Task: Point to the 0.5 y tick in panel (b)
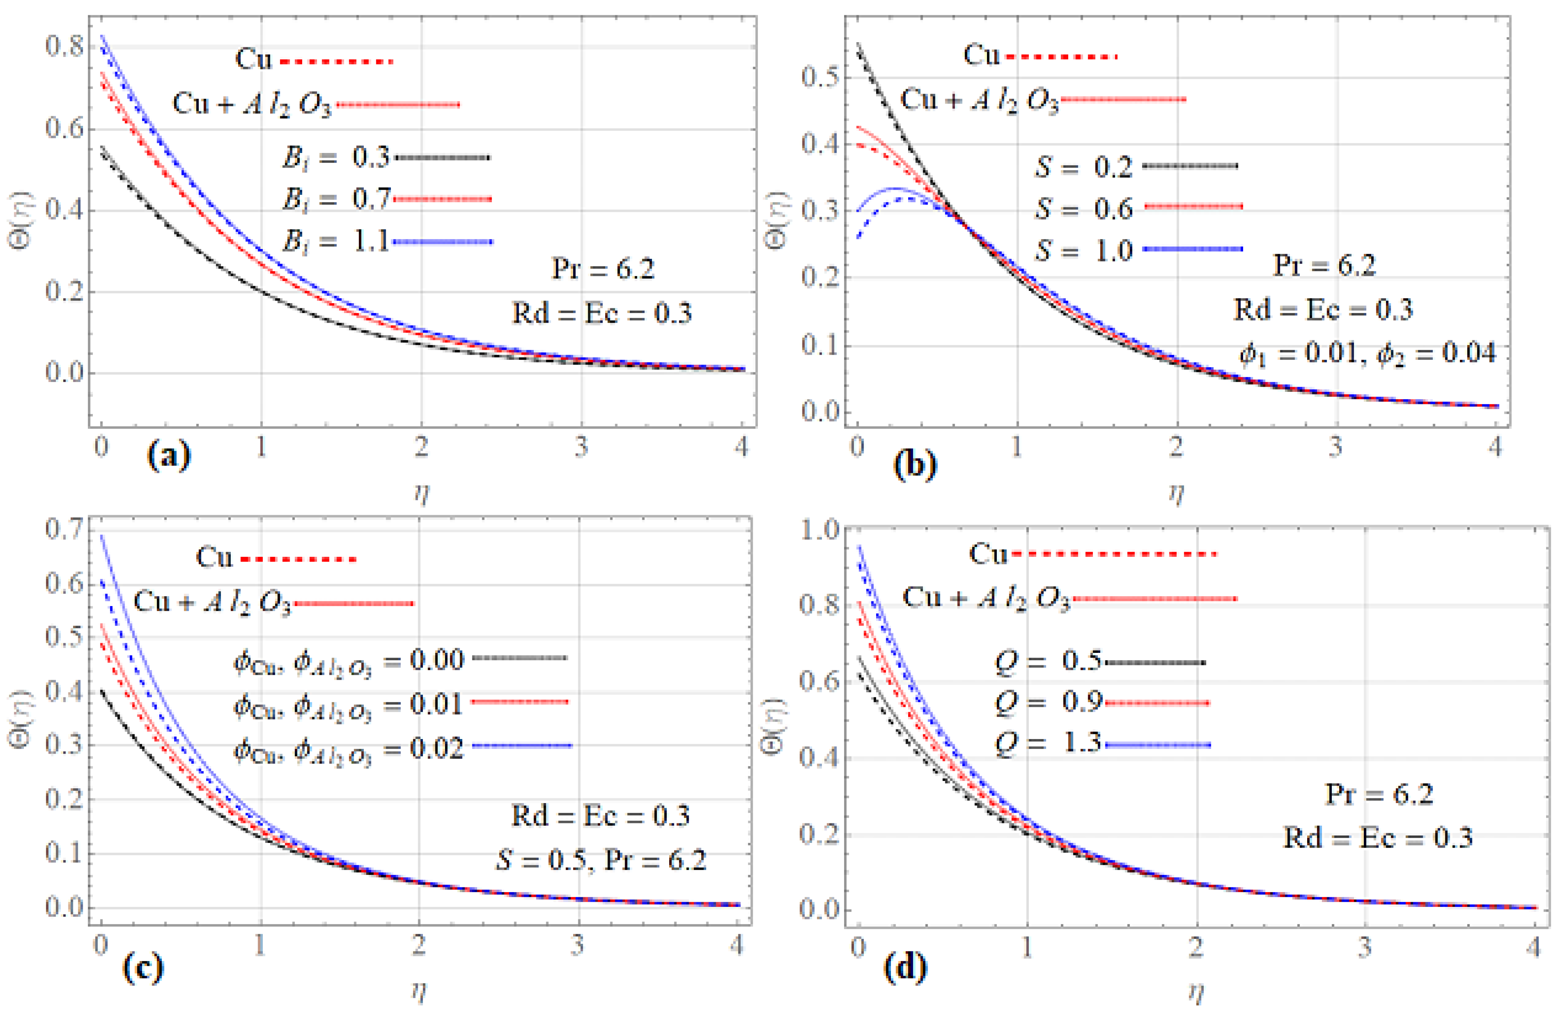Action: click(820, 76)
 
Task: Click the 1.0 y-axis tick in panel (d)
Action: click(820, 529)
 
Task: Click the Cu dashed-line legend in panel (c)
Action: click(275, 558)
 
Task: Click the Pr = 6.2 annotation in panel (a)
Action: click(603, 268)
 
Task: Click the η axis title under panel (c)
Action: click(419, 991)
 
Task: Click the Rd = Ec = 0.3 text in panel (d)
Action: click(1377, 837)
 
